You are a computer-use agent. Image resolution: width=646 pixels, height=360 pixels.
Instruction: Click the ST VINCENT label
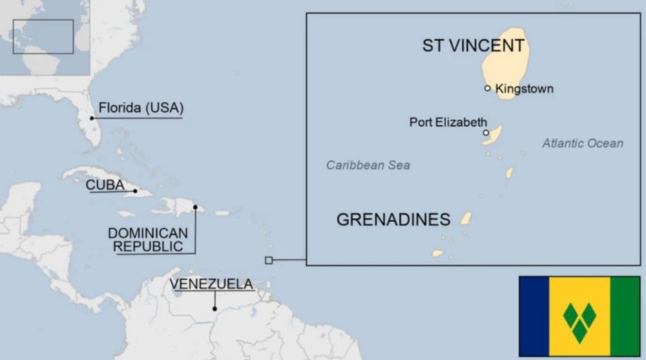click(473, 45)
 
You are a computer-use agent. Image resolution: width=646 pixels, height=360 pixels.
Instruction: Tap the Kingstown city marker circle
click(488, 88)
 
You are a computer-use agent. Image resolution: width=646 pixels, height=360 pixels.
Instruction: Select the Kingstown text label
click(524, 89)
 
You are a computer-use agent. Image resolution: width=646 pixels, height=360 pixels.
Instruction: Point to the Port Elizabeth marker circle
click(486, 132)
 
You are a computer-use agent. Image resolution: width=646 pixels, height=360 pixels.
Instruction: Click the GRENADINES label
click(393, 219)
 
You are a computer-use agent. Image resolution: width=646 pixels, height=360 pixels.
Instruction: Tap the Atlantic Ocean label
click(582, 143)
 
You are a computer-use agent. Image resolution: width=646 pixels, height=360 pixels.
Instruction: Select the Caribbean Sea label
click(368, 165)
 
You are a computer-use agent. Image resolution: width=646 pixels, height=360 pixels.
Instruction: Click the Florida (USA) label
click(140, 107)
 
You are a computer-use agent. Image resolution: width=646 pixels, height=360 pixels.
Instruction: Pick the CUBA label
click(105, 185)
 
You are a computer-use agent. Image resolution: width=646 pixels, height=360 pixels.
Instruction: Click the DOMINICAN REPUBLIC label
click(148, 239)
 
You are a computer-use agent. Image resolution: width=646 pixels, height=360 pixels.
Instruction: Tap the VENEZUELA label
click(211, 284)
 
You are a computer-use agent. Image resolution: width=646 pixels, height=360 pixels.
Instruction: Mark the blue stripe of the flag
click(534, 316)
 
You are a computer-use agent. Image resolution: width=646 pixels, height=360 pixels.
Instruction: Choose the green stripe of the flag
click(625, 316)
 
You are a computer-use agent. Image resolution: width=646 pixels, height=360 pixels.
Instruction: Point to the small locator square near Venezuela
click(269, 260)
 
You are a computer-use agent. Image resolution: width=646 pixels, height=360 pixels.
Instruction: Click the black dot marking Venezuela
click(214, 308)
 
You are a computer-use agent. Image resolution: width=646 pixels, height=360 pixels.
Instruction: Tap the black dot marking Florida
click(92, 118)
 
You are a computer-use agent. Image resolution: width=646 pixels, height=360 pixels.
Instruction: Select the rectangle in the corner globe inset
click(43, 36)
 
